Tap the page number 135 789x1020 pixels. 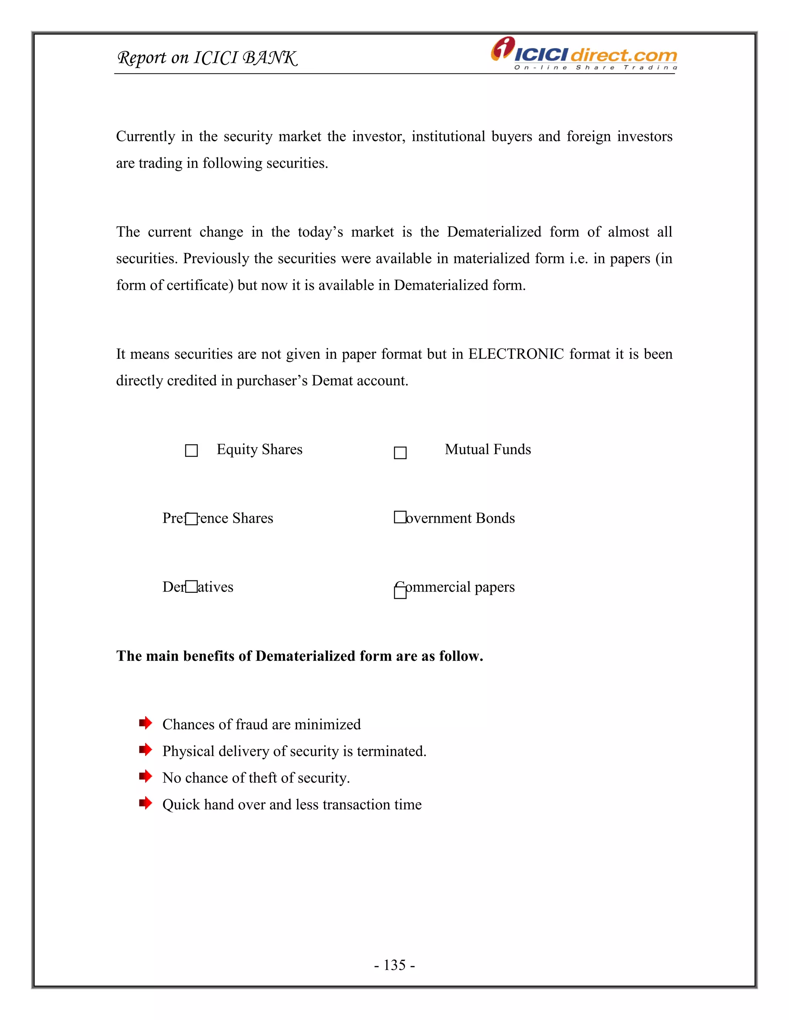(394, 965)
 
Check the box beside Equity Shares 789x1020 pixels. (191, 451)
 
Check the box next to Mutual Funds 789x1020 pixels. (400, 453)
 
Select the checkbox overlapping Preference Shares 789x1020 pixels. (191, 519)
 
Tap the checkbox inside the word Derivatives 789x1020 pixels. (191, 587)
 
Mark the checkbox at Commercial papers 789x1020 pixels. (400, 592)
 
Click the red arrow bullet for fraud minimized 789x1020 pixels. (145, 723)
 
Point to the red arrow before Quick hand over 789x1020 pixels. (145, 803)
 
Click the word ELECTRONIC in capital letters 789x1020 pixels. (516, 354)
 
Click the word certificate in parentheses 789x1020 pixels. (200, 285)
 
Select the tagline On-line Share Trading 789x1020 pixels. (595, 68)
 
